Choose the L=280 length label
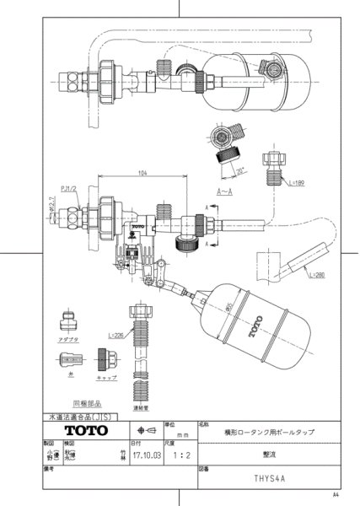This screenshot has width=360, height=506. tap(317, 276)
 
